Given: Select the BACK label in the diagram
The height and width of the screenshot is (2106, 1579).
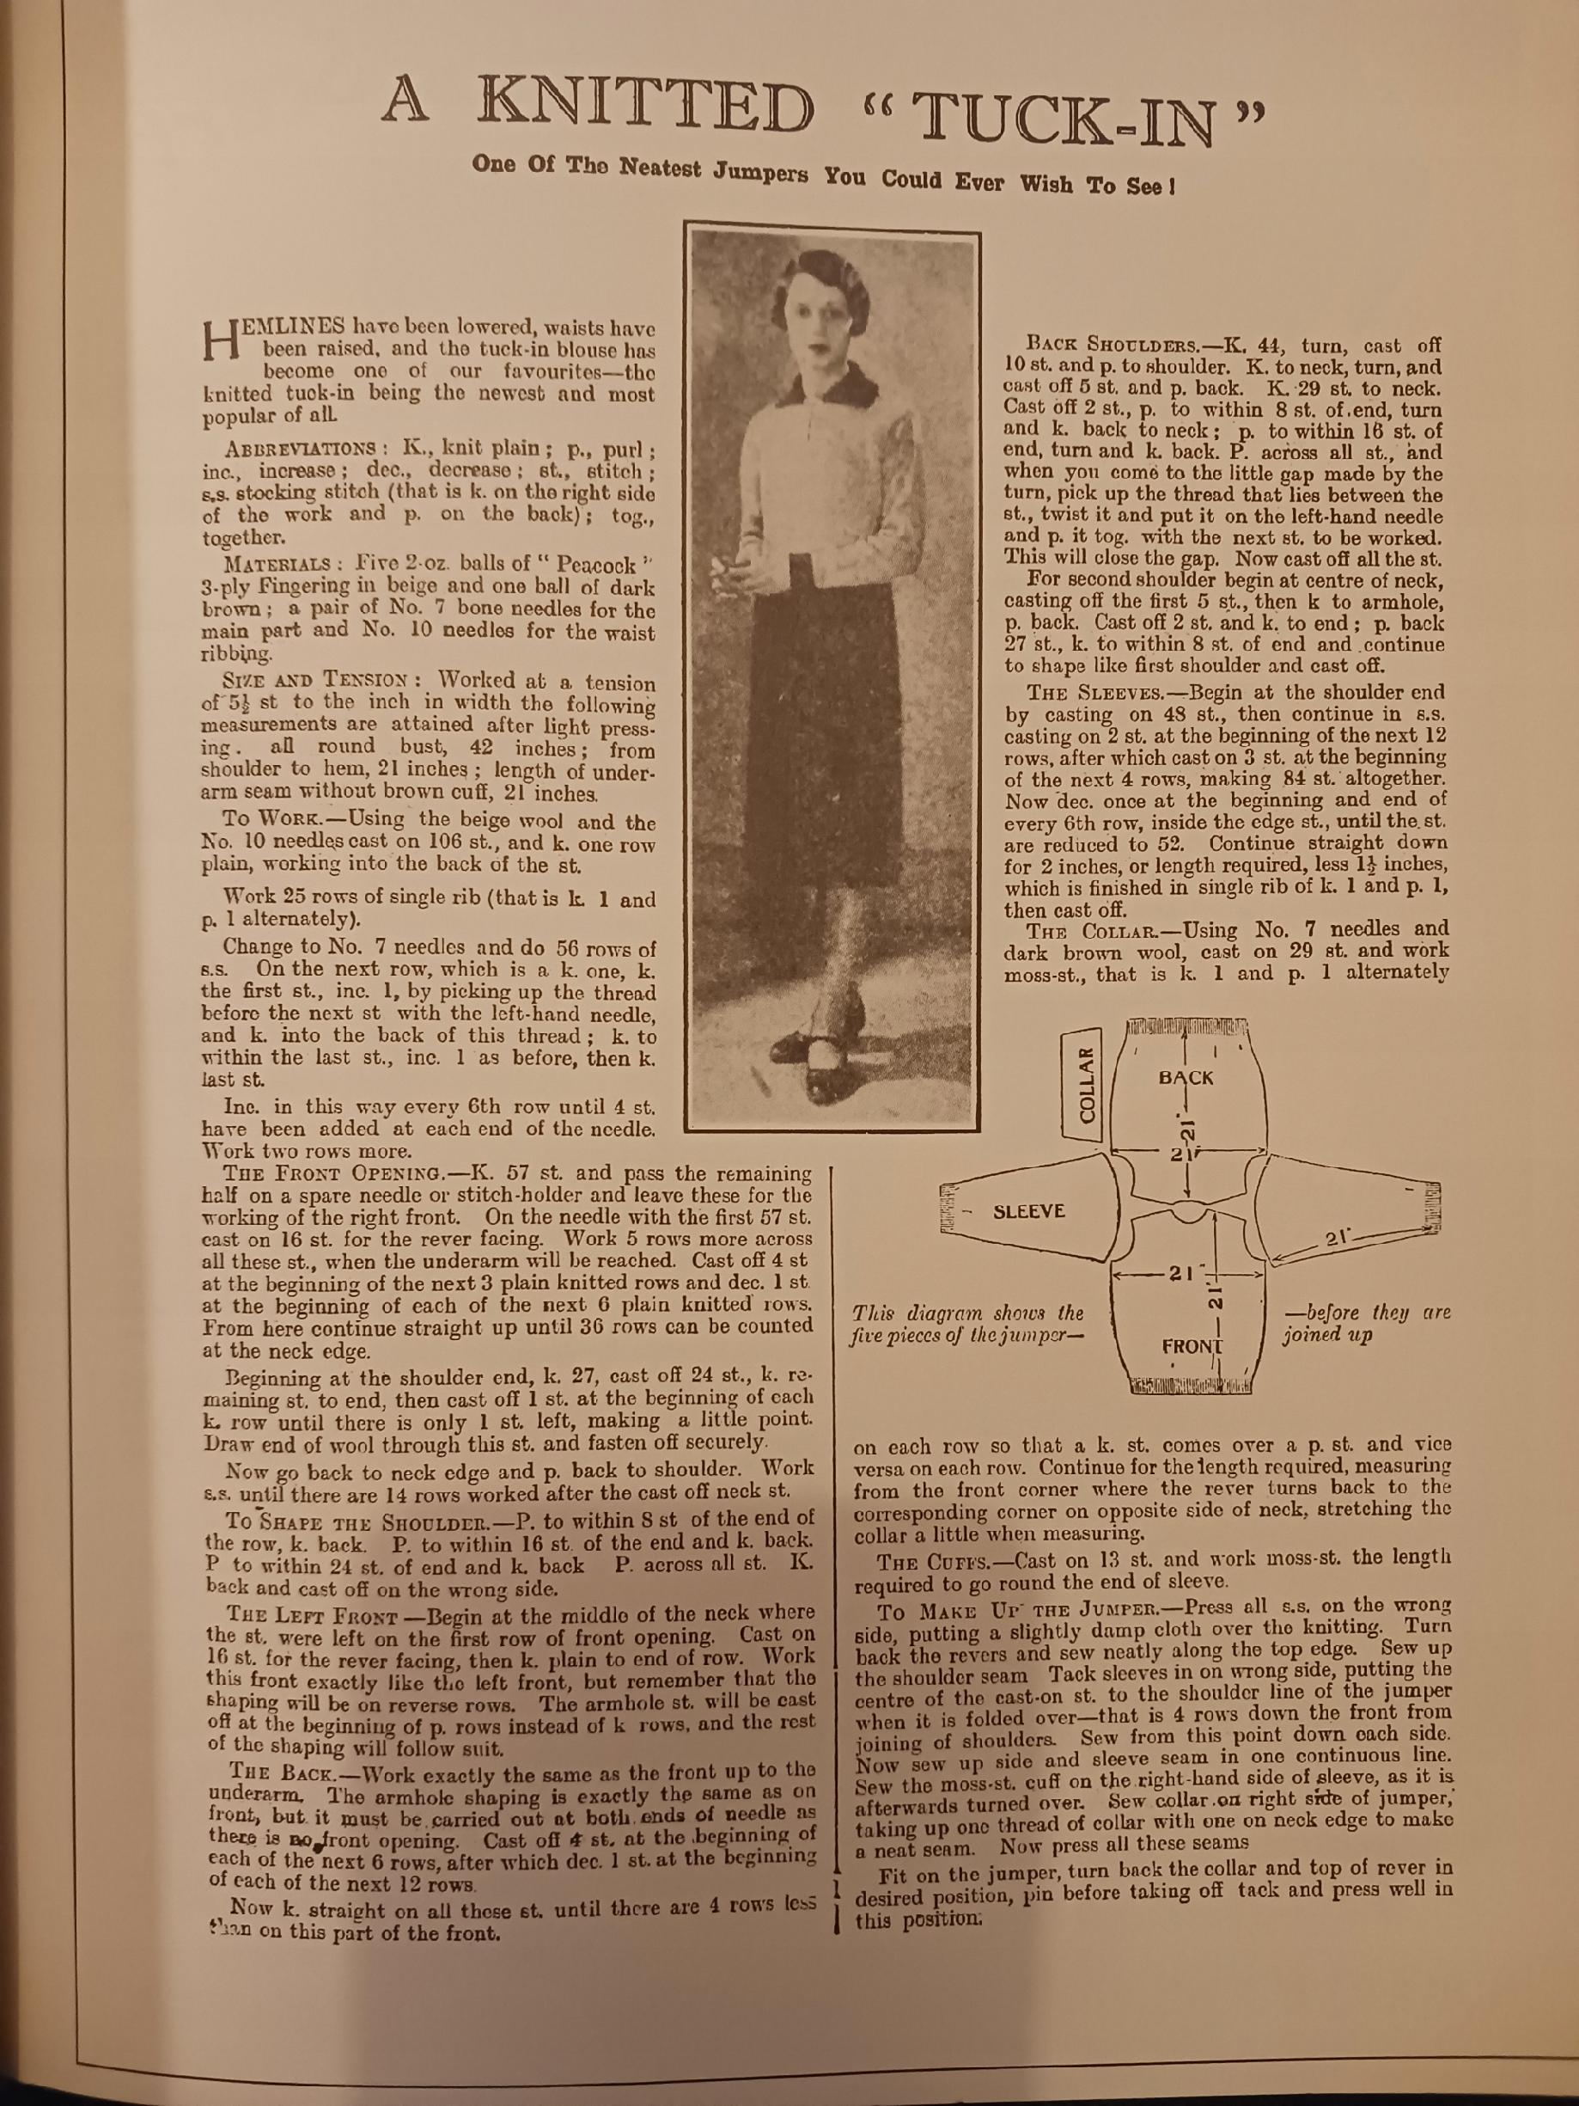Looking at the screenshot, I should coord(1186,1078).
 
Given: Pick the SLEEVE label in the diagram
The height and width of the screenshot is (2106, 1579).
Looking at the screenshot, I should coord(1028,1212).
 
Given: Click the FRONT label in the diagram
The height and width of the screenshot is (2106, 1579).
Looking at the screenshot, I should coord(1191,1346).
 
